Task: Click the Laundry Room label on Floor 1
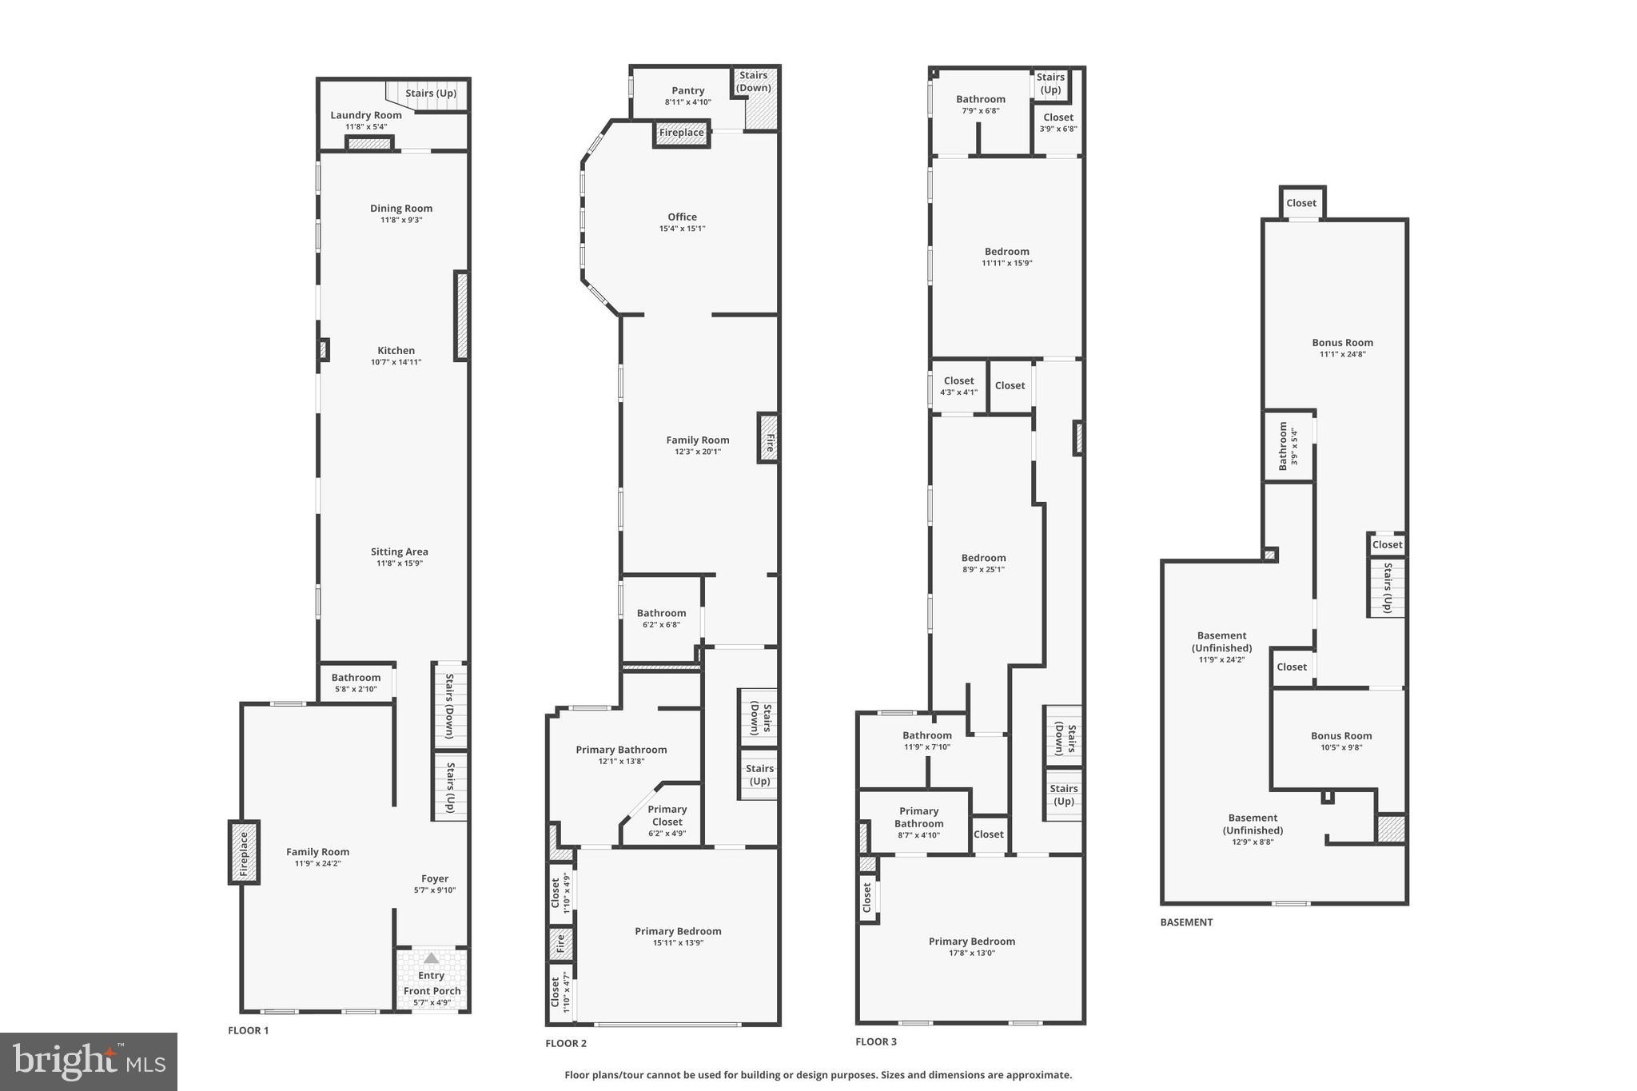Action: (x=366, y=115)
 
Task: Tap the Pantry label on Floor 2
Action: (x=687, y=91)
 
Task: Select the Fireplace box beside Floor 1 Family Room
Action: (x=245, y=852)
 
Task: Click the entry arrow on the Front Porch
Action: (x=431, y=958)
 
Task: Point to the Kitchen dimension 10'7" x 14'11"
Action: (x=396, y=362)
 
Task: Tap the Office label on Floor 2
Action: (x=682, y=217)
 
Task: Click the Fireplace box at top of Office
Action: (x=682, y=133)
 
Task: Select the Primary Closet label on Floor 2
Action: (x=667, y=815)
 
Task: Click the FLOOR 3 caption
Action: (x=876, y=1041)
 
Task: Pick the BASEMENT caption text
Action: (x=1186, y=922)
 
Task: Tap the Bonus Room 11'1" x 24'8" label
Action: (x=1342, y=343)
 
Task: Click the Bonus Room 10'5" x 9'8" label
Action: (x=1340, y=736)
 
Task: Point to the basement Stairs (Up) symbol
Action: (x=1387, y=587)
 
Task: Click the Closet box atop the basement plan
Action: (x=1301, y=203)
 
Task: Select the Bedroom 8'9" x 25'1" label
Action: (x=983, y=559)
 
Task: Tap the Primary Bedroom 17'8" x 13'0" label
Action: (x=971, y=942)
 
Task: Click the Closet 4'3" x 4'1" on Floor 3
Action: (x=958, y=386)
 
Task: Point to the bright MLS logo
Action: (x=89, y=1061)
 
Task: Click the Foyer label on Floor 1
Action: (x=435, y=878)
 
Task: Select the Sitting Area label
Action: (x=399, y=552)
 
